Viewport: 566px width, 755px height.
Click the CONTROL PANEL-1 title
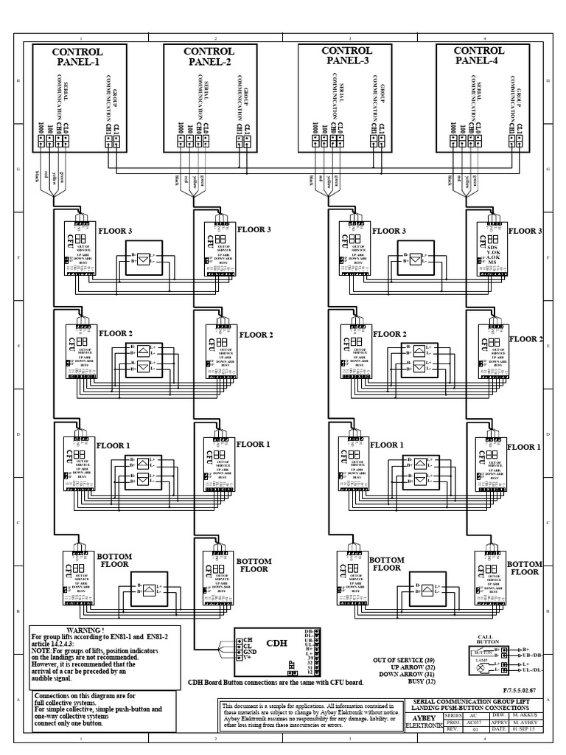point(77,56)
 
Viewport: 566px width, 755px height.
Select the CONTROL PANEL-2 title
point(209,56)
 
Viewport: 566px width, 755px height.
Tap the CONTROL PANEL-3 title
point(346,56)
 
